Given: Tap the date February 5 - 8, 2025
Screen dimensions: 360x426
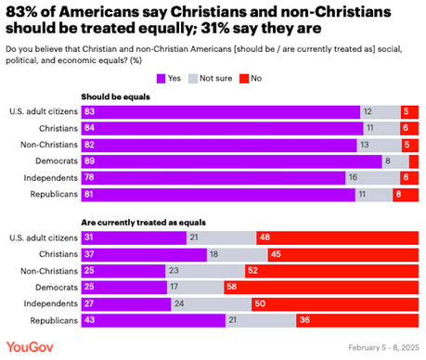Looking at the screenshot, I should (x=384, y=348).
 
